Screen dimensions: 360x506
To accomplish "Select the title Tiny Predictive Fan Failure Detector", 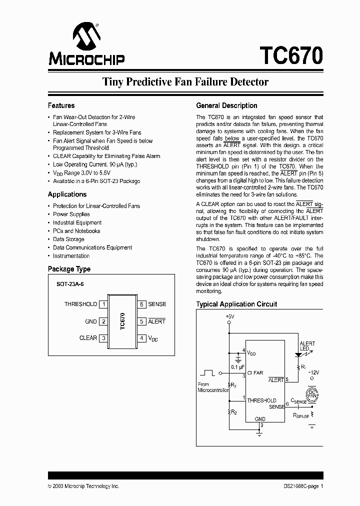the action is coord(185,82).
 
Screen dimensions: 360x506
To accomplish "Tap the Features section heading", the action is coord(61,105).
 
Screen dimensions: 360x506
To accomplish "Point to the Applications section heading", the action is coord(67,194).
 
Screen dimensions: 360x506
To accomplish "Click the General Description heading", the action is coord(226,105).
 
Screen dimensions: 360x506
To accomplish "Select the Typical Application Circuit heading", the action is coord(236,304).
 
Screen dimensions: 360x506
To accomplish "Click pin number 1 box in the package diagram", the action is coord(103,304).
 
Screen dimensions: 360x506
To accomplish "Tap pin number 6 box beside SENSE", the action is coord(142,304).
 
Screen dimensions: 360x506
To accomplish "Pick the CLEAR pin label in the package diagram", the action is coord(88,338).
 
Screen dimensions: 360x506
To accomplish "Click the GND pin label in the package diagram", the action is coord(91,321).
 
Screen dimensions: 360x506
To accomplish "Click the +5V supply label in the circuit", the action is coord(229,316).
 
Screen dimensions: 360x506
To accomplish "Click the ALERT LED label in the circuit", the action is coord(307,346).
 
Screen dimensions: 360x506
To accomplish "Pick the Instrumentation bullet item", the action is coord(71,256).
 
